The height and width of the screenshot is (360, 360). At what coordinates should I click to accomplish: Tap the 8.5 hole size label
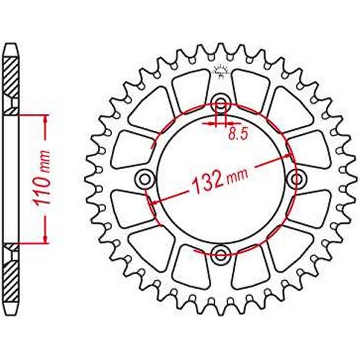tap(237, 135)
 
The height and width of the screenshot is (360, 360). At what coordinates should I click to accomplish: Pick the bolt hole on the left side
tap(143, 177)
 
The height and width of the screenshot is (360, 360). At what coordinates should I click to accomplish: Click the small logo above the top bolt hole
tap(220, 71)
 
